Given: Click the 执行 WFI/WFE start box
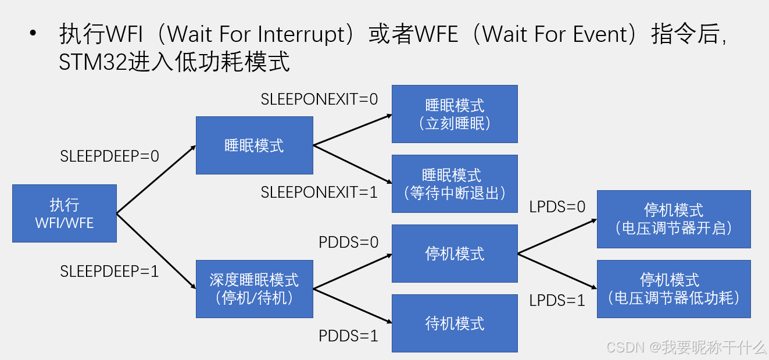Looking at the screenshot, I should point(64,213).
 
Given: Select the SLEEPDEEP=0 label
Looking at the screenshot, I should point(109,156).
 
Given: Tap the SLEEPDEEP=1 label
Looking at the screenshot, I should point(109,271).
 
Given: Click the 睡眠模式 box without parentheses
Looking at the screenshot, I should point(254,145).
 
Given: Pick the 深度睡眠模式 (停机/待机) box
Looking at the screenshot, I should point(254,289).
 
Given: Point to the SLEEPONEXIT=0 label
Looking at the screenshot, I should point(319,99).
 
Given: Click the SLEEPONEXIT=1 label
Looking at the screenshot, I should point(319,193).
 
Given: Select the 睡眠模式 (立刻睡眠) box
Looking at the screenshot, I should point(455,114).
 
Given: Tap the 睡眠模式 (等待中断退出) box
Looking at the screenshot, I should point(455,184).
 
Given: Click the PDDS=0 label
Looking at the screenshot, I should point(348,242).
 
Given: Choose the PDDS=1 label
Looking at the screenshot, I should point(348,336).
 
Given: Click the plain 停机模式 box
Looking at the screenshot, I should point(455,254).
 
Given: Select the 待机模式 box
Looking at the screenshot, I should point(455,323).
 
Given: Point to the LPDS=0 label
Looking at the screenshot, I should point(557,206).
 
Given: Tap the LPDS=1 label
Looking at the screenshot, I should point(557,300).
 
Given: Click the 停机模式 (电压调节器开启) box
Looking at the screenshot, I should point(674,219).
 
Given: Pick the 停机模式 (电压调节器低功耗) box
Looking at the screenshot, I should point(674,288).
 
